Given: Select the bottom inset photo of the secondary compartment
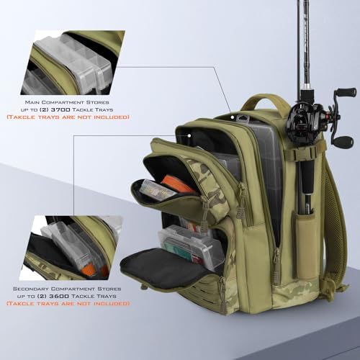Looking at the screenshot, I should click(x=68, y=247).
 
